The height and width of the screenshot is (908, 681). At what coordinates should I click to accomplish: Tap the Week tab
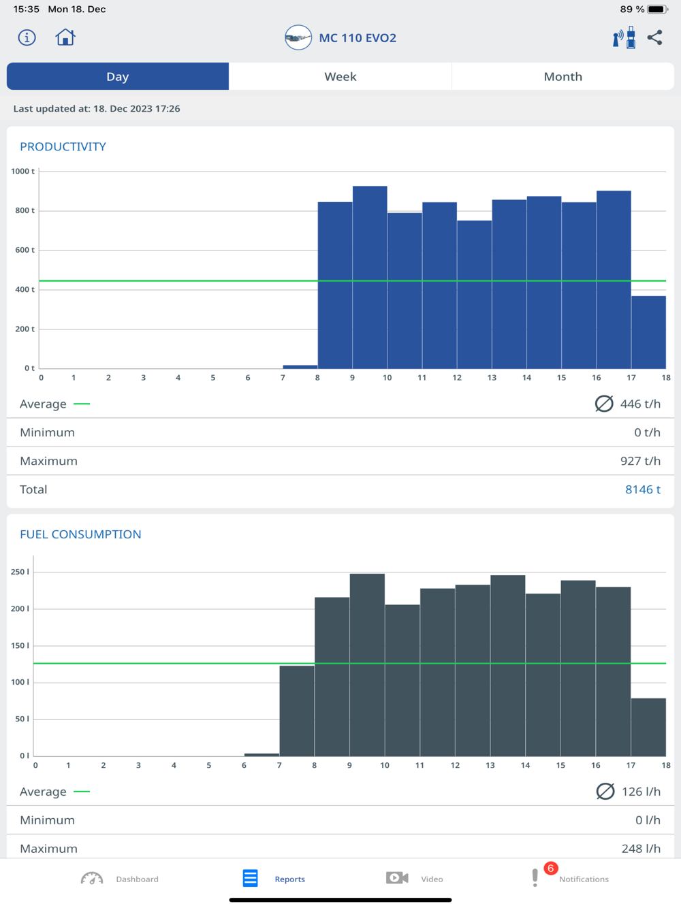340,76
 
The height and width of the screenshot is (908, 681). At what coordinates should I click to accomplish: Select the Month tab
563,76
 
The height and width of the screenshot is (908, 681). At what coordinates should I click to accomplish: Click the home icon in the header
65,37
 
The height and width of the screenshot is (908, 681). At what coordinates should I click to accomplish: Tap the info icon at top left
27,37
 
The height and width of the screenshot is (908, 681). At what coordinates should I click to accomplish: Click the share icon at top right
655,37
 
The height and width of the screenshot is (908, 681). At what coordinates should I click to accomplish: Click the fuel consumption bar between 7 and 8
297,711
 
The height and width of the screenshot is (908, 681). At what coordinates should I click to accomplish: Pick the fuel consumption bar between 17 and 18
648,727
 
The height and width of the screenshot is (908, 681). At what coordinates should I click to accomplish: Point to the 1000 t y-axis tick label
22,172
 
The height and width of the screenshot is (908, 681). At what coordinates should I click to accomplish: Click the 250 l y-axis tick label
20,572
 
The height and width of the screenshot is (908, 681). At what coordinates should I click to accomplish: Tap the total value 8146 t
642,489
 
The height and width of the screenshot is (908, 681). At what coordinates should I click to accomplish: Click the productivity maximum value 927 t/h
640,461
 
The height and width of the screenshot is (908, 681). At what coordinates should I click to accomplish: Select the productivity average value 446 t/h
640,404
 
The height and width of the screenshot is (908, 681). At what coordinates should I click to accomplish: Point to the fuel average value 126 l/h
641,792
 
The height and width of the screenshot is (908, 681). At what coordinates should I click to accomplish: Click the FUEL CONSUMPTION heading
80,534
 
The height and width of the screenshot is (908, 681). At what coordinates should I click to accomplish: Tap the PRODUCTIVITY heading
63,146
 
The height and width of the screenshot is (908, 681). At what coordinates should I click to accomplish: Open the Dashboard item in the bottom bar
120,879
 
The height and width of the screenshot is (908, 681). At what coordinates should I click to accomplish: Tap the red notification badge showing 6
551,869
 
